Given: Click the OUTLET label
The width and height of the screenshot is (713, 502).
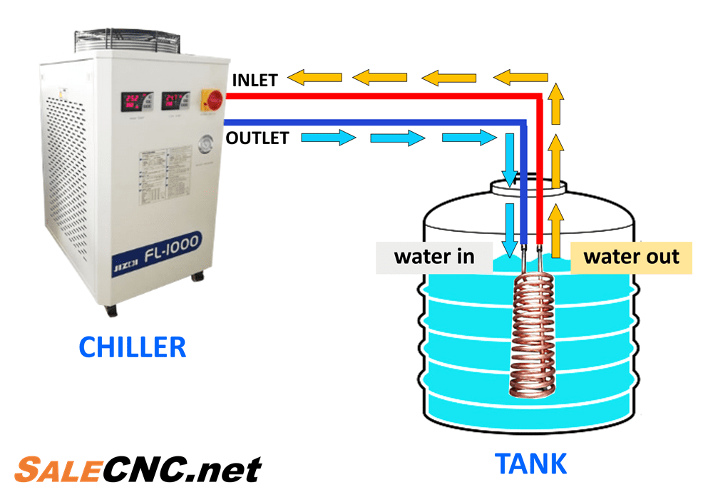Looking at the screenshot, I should pyautogui.click(x=257, y=138).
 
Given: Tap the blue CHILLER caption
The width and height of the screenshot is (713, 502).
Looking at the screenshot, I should pyautogui.click(x=133, y=347).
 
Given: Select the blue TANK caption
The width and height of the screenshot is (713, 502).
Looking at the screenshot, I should pyautogui.click(x=531, y=464).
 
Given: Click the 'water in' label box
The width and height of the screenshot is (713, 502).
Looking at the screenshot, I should pyautogui.click(x=434, y=257).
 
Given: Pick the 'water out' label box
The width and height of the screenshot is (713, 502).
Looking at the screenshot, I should pyautogui.click(x=631, y=257).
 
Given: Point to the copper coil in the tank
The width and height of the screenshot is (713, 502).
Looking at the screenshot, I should pyautogui.click(x=531, y=335).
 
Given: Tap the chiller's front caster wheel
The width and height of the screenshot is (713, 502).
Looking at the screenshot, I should pyautogui.click(x=111, y=310).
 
